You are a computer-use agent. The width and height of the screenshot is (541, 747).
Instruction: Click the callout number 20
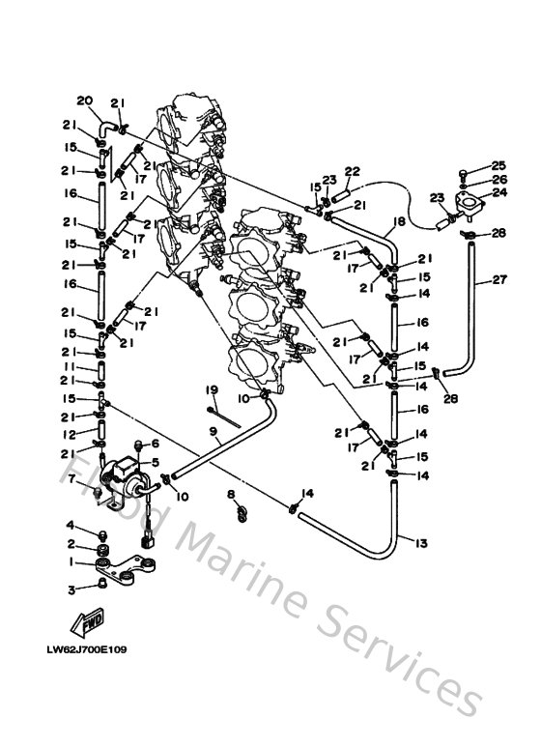(84, 101)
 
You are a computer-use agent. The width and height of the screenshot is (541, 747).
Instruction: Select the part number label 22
(353, 171)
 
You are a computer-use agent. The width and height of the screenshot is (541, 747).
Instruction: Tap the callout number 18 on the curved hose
(397, 221)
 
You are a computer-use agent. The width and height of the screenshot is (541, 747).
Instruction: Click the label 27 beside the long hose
(499, 280)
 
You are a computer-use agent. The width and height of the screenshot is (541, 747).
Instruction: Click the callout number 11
(71, 368)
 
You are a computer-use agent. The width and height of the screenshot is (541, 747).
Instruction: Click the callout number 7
(71, 479)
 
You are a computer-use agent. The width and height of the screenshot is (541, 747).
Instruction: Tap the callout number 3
(71, 589)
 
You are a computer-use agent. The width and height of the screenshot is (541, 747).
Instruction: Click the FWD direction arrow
(88, 621)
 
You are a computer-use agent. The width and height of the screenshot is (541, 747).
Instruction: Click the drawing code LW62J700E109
(86, 649)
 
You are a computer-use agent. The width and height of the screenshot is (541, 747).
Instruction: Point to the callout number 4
(71, 525)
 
